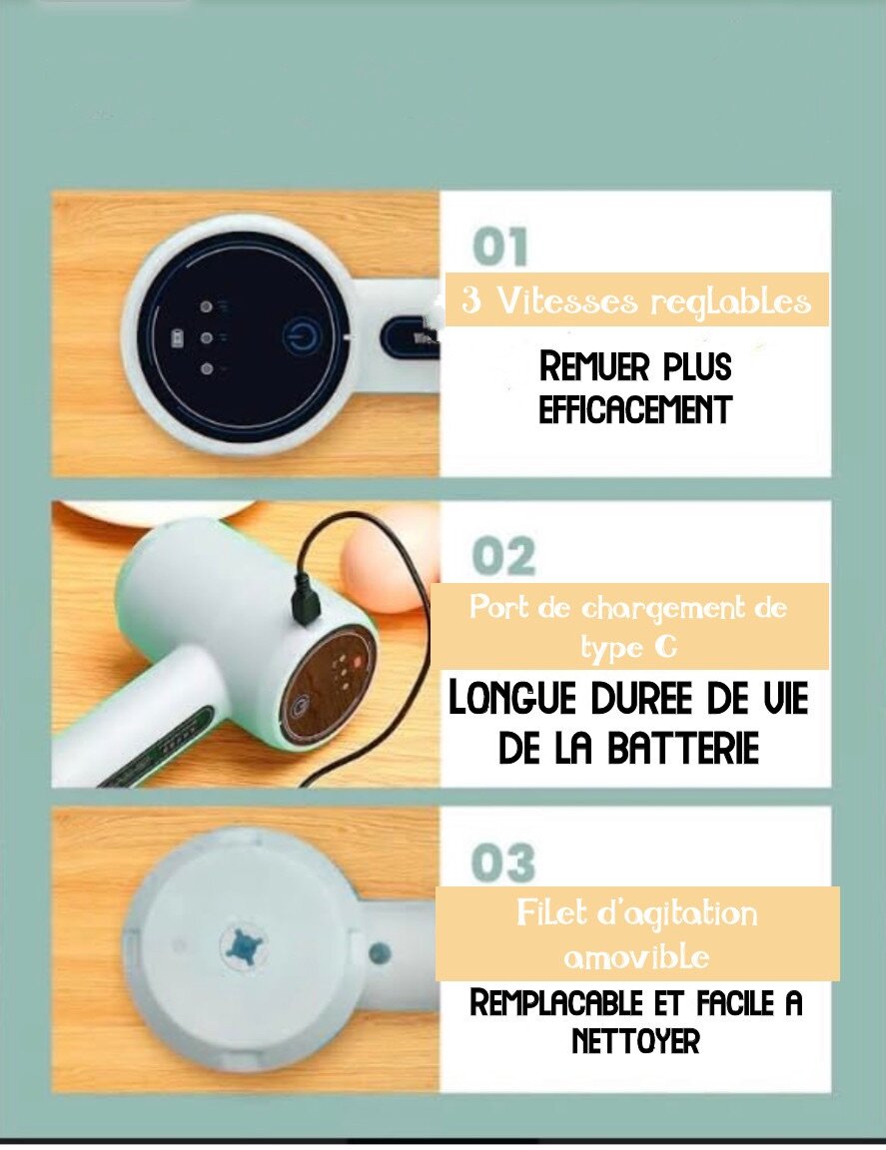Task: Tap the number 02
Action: click(x=504, y=557)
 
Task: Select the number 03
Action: click(x=504, y=862)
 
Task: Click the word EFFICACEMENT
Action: click(x=635, y=409)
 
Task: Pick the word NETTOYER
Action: click(x=635, y=1042)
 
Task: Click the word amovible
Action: click(x=636, y=956)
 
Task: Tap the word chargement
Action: click(x=636, y=607)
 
